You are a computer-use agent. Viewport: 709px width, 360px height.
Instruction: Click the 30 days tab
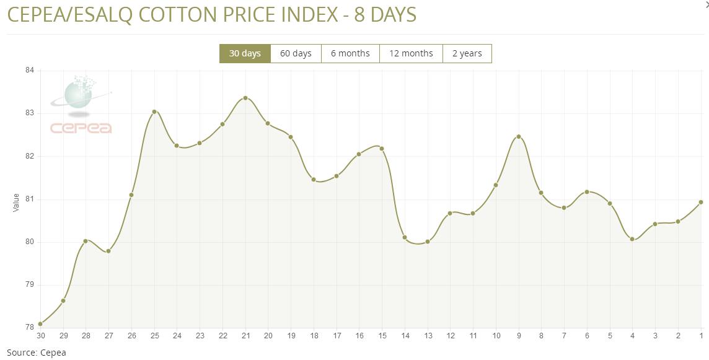[245, 53]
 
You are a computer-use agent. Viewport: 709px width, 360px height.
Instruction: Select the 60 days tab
[296, 53]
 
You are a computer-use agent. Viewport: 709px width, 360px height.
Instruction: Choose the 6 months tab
[350, 53]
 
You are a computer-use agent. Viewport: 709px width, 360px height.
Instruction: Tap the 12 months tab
[411, 53]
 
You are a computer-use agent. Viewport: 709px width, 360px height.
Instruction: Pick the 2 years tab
[467, 53]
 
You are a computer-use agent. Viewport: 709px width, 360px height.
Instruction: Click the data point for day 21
[245, 98]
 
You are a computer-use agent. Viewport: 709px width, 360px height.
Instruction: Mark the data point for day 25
[154, 112]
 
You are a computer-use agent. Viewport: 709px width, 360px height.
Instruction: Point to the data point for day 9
[519, 136]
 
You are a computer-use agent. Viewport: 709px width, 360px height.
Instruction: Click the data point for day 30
[40, 323]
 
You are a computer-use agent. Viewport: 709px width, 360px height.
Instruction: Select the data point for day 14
[405, 237]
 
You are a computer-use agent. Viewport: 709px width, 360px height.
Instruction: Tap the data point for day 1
[701, 202]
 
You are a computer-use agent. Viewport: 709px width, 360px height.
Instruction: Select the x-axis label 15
[382, 336]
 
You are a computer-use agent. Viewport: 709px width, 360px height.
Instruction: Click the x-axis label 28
[86, 336]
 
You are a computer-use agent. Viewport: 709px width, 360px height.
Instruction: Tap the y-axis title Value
[16, 202]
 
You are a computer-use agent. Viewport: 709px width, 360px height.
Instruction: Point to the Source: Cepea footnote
[36, 353]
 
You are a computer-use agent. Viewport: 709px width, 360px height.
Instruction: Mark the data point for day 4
[632, 239]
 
